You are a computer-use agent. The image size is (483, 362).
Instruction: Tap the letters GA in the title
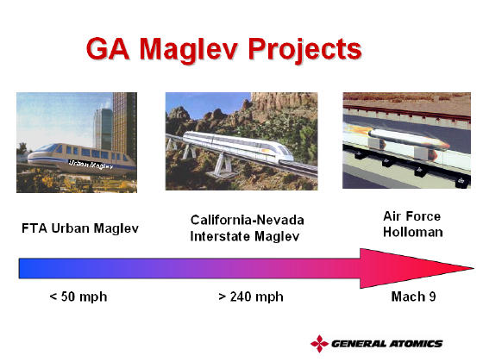tap(108, 48)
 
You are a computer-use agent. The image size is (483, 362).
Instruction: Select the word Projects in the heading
tap(305, 50)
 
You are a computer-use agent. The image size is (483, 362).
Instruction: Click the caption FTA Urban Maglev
tap(80, 228)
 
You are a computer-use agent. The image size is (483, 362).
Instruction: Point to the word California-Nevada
tap(248, 220)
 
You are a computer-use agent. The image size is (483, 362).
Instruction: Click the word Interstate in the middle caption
tap(220, 236)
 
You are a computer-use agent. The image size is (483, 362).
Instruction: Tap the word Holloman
tap(413, 232)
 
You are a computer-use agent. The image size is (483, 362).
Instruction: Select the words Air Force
tap(412, 216)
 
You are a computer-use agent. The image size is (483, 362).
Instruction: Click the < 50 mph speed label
tap(78, 296)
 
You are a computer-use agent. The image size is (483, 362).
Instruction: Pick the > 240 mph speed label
tap(251, 296)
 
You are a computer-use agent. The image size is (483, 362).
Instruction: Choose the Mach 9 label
tap(413, 296)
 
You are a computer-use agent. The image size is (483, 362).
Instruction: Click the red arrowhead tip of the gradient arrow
tap(474, 268)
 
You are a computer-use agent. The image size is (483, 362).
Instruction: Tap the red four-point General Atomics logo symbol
tap(319, 344)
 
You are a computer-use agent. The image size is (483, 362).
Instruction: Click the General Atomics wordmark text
tap(387, 344)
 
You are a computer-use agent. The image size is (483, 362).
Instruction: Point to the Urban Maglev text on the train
tap(91, 165)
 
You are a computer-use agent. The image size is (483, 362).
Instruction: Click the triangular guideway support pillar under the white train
tap(223, 165)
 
